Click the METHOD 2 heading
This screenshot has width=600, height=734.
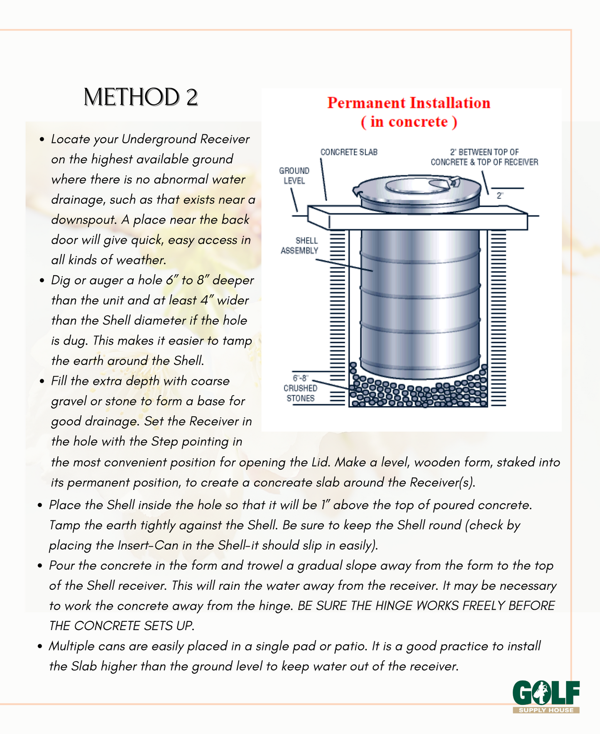click(x=140, y=98)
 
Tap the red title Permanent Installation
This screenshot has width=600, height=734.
click(x=409, y=103)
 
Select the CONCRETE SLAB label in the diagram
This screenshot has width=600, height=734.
click(x=349, y=152)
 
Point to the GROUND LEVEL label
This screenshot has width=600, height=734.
click(x=294, y=176)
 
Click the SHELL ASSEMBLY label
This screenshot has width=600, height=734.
click(x=299, y=246)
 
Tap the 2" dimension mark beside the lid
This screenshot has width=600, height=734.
click(x=500, y=195)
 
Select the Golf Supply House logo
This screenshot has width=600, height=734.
click(x=546, y=697)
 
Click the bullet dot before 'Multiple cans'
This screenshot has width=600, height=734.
click(x=40, y=646)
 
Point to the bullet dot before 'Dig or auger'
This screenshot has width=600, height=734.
click(x=42, y=281)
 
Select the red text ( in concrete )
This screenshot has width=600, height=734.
click(x=409, y=122)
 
